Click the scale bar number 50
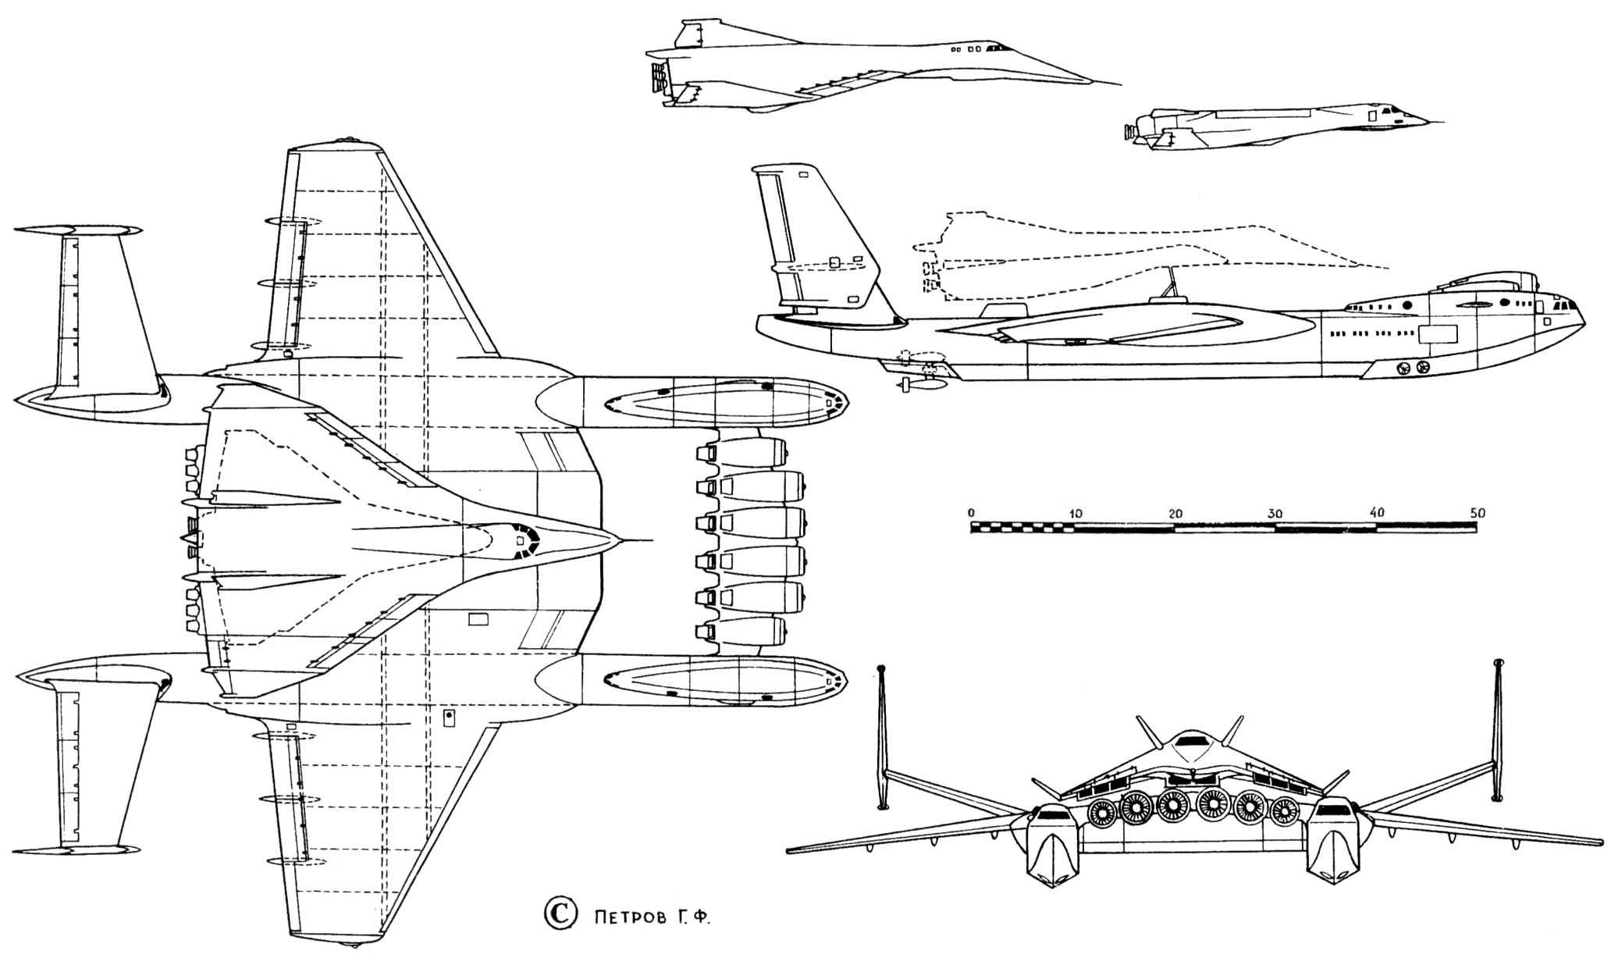(x=1476, y=513)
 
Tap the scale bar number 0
(x=971, y=513)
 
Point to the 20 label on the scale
(x=1175, y=513)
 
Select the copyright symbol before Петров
(x=559, y=913)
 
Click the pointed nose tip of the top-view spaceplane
(x=621, y=540)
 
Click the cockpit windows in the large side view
(x=1562, y=306)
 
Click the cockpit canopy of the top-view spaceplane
(x=521, y=540)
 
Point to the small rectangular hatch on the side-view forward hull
(x=1438, y=334)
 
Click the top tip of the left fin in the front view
(x=882, y=670)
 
